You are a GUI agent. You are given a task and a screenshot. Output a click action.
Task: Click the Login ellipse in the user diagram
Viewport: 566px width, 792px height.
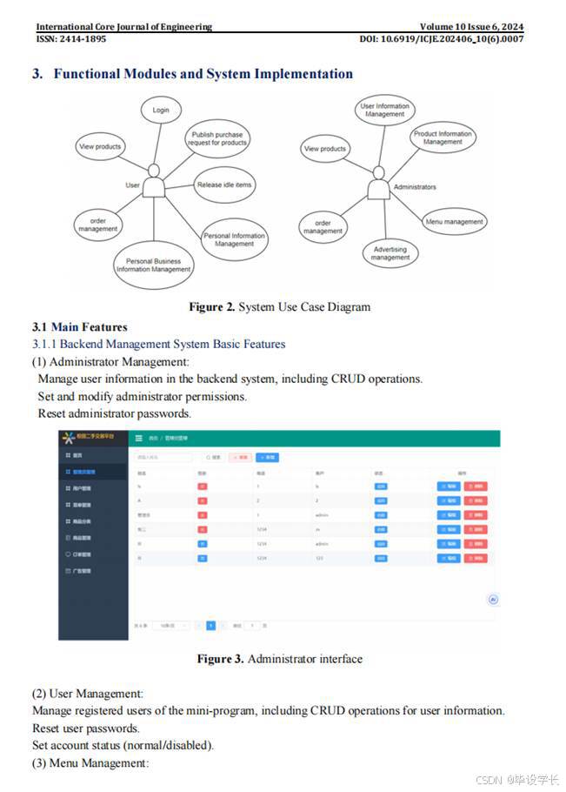161,111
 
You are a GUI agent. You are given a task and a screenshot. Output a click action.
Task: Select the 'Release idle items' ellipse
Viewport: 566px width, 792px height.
224,185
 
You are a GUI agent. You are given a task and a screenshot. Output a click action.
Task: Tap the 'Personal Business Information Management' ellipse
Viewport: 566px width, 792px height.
154,265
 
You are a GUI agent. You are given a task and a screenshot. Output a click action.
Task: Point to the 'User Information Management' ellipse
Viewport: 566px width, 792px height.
384,111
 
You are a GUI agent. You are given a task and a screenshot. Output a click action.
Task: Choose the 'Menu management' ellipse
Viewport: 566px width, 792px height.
454,222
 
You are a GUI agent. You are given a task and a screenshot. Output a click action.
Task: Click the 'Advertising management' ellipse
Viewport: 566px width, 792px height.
390,253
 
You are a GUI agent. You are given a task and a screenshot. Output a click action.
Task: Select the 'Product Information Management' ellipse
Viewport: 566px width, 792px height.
443,138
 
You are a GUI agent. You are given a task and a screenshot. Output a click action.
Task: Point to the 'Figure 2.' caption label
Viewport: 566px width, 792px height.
212,306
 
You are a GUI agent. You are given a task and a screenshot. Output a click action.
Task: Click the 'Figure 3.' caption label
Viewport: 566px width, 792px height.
220,659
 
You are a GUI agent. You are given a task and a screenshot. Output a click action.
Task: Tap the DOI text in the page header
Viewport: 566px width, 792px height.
442,39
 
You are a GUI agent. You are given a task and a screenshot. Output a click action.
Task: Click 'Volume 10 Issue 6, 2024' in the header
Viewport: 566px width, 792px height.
471,27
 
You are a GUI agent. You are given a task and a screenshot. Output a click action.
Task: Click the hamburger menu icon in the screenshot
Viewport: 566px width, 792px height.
139,438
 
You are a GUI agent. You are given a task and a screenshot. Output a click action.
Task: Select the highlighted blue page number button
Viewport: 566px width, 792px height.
210,625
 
